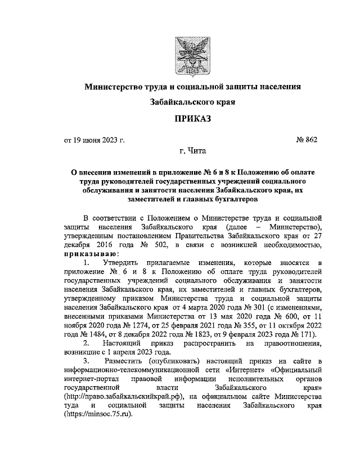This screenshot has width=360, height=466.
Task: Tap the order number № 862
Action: [307, 140]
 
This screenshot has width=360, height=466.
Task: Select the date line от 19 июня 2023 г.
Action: [94, 140]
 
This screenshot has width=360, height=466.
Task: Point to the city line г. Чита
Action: [192, 151]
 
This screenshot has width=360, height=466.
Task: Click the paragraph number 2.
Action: [85, 343]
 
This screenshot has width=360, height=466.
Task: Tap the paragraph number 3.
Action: [85, 361]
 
